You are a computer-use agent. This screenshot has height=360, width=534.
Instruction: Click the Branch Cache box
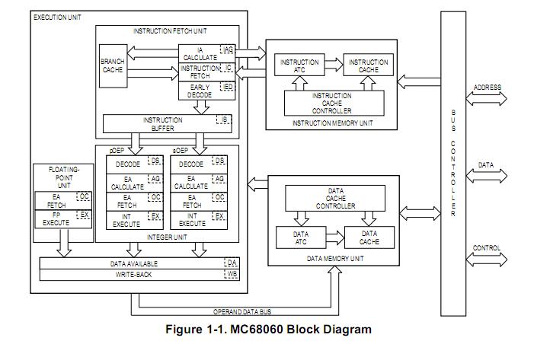pos(112,65)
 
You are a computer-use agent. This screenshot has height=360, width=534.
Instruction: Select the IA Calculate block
pos(200,53)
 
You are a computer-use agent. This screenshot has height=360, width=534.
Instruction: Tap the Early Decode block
pos(200,91)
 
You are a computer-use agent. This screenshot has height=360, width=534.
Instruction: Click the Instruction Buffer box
pos(162,124)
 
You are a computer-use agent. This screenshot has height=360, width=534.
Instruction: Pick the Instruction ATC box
pos(299,65)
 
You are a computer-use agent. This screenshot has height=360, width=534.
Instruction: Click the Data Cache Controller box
pos(341,198)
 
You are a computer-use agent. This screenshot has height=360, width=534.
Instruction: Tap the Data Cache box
pos(369,237)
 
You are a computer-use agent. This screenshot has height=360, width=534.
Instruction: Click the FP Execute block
pos(56,219)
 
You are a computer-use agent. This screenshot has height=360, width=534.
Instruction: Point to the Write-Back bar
pos(133,273)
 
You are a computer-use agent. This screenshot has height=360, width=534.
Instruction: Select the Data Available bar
pos(133,263)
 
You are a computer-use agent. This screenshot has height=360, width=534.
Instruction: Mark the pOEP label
pos(119,150)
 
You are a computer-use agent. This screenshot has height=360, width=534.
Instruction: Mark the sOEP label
pos(181,150)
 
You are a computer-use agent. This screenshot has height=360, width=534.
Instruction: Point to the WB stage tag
pos(232,273)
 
